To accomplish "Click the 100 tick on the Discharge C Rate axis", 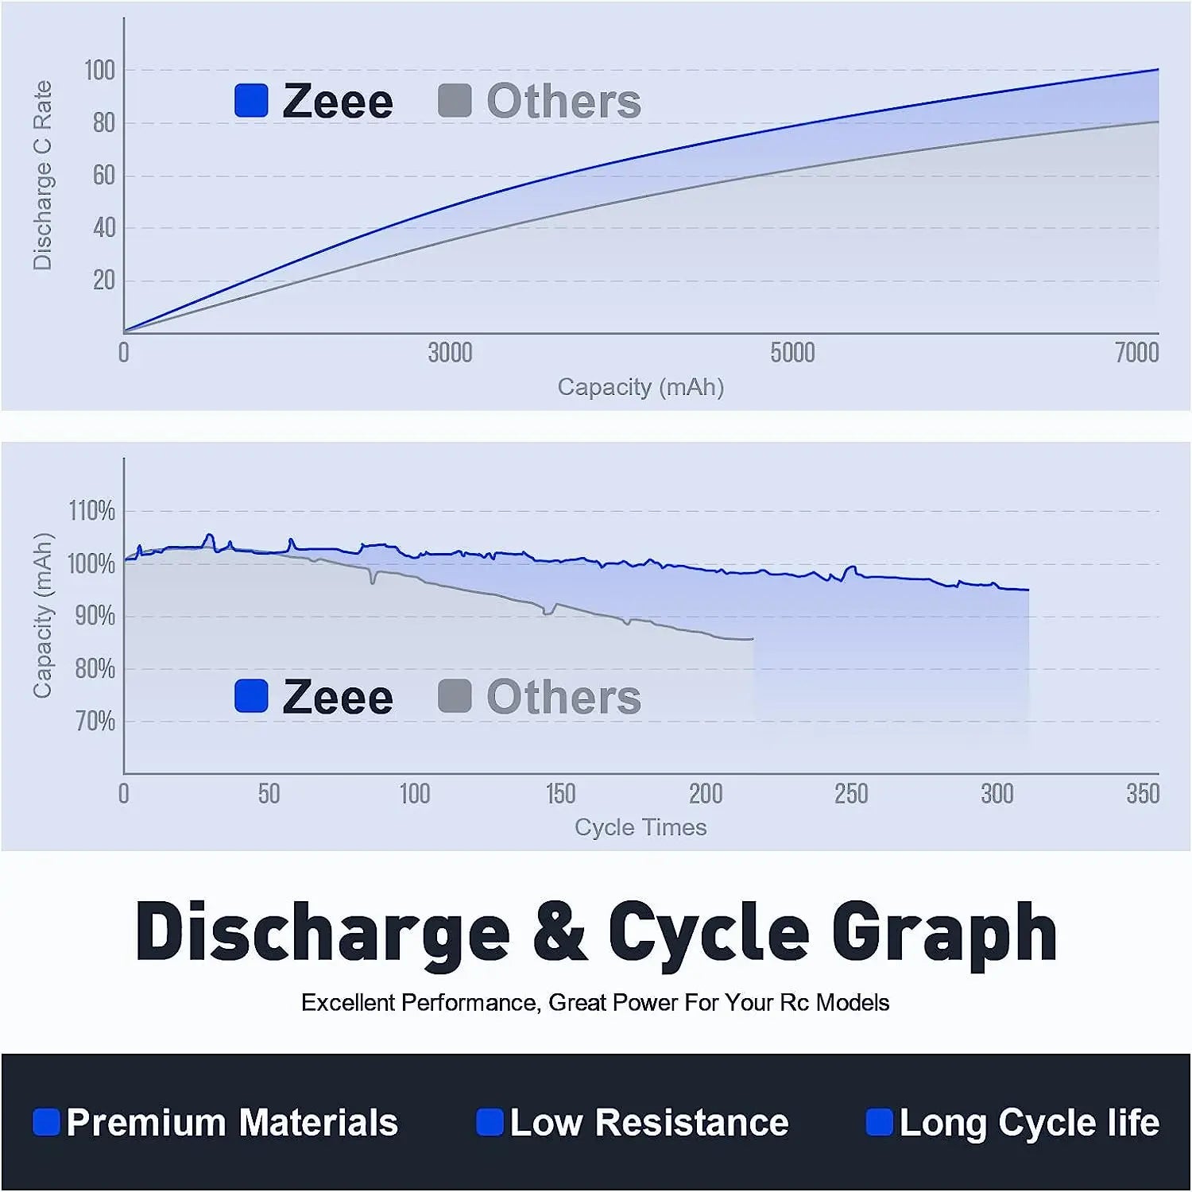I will coord(100,71).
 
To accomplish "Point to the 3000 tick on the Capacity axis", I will coord(450,352).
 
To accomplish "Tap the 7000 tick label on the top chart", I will coord(1136,352).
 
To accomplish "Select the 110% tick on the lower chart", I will coord(92,511).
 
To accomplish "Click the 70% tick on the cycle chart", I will coord(95,722).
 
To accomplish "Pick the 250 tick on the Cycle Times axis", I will coord(851,794).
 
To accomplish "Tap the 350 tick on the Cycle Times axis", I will coord(1143,794).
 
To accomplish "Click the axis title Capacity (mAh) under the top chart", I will coord(641,387).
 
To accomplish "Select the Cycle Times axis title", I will coord(641,827).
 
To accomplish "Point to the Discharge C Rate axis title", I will coord(42,176).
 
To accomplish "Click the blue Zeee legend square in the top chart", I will coord(251,101).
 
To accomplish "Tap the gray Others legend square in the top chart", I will coord(455,101).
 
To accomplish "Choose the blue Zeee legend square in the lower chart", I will coord(251,696).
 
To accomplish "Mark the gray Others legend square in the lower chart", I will coord(455,696).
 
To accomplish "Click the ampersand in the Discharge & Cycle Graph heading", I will coord(560,932).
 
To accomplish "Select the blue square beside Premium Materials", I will coord(46,1122).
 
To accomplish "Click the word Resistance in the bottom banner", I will coord(691,1123).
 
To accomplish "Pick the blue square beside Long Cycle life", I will coord(879,1122).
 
